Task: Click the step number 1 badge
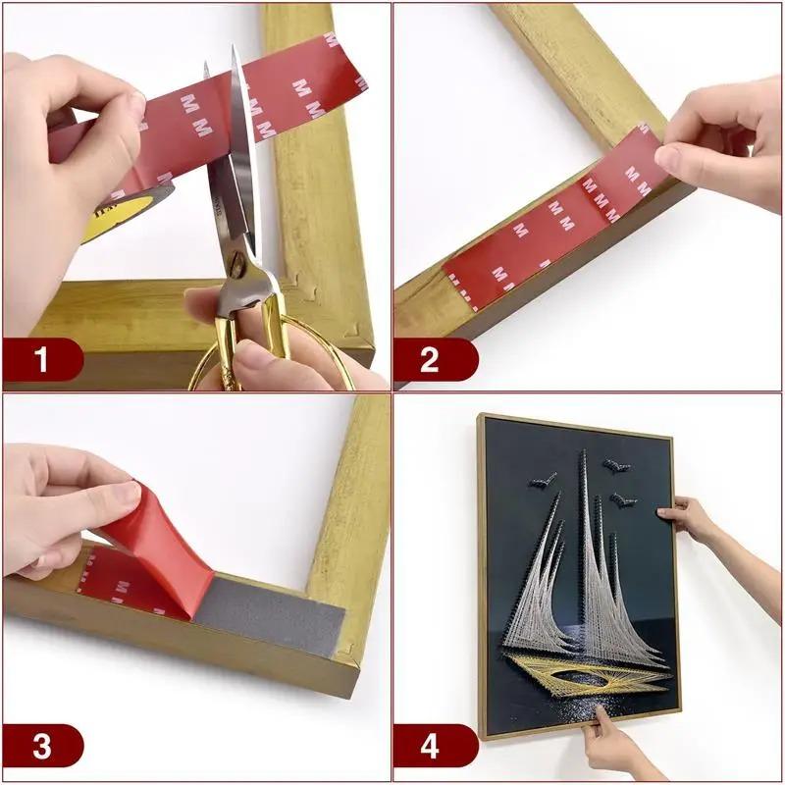(41, 360)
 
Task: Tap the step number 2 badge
(430, 360)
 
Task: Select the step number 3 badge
(41, 746)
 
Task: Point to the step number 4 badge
(430, 746)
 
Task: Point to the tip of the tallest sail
(582, 453)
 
